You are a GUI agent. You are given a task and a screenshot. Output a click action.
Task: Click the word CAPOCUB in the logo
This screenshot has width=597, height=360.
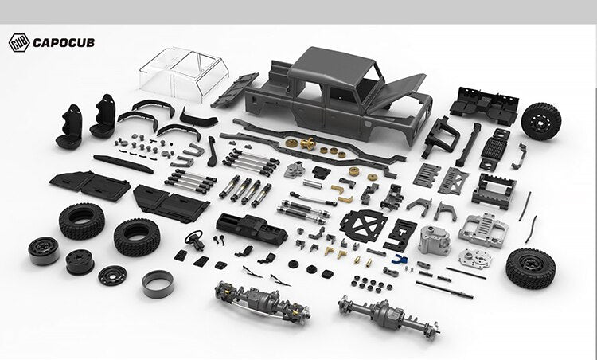pos(64,43)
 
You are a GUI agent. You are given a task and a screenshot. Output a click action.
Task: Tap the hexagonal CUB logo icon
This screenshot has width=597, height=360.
pos(19,43)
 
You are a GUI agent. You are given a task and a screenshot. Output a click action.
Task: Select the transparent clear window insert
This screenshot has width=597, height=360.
pos(184,74)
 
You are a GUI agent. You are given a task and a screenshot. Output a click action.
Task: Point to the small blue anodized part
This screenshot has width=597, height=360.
pos(400,259)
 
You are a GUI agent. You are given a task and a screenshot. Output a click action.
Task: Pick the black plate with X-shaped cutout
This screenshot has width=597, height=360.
pos(363,225)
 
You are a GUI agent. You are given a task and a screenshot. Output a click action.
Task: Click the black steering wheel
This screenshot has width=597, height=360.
pos(194,240)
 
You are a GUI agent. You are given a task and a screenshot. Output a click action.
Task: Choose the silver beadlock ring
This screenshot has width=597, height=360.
pos(158,284)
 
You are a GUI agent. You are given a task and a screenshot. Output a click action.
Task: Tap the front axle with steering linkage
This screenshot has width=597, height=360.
pos(263,300)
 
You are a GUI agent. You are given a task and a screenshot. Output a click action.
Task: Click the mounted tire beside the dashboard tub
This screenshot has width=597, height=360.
pos(540,121)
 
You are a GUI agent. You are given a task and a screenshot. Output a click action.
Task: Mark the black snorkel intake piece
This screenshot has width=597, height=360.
pos(212,151)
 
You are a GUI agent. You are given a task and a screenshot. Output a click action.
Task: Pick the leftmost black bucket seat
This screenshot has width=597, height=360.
pos(70,127)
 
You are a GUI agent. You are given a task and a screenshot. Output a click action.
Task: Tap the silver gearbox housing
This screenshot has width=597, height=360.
pos(434,240)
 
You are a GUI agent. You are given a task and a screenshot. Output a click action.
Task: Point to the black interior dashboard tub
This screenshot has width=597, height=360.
pos(483,105)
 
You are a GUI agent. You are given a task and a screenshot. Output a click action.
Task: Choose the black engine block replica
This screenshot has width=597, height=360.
pos(252,229)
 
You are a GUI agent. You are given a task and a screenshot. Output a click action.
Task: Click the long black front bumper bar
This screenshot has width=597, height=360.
pos(123,164)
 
